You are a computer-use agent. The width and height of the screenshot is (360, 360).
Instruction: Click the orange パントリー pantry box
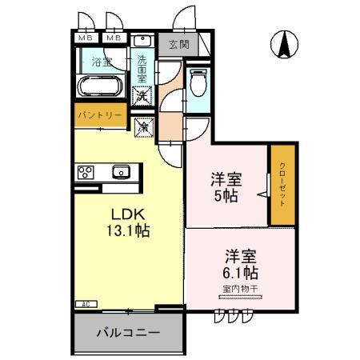coord(100,115)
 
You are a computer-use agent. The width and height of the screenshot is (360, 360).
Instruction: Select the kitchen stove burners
coord(86,170)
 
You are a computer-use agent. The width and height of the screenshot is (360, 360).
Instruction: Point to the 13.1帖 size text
coord(126,231)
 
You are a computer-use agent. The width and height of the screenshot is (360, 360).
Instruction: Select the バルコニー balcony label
coord(128,332)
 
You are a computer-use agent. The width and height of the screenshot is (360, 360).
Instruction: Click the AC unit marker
coord(84,304)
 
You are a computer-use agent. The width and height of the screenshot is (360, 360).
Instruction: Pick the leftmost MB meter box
coord(85,38)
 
